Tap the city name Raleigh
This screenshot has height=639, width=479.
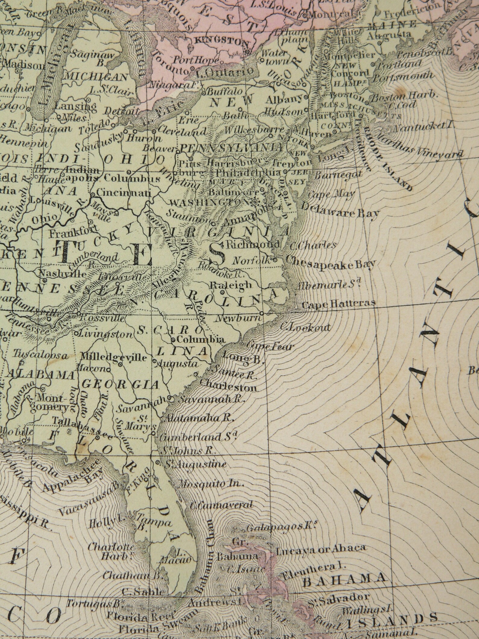point(230,285)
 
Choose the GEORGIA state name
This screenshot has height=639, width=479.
point(120,384)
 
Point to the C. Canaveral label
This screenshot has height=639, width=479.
point(222,505)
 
